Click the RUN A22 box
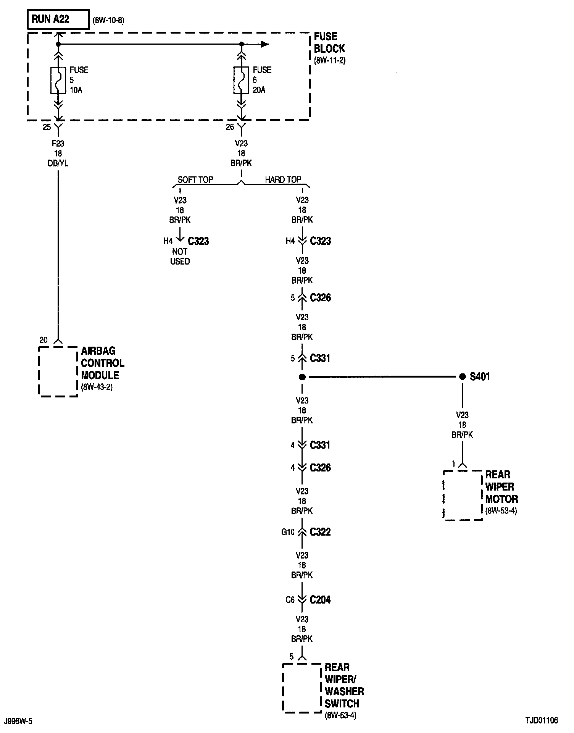pyautogui.click(x=58, y=19)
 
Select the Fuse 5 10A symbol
pyautogui.click(x=58, y=80)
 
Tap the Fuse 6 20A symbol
pyautogui.click(x=241, y=80)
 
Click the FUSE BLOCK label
pyautogui.click(x=329, y=43)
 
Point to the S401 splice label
pyautogui.click(x=480, y=377)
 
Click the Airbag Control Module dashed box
pyautogui.click(x=58, y=371)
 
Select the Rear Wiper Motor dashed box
pyautogui.click(x=463, y=495)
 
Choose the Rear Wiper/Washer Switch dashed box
pyautogui.click(x=302, y=688)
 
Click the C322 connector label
pyautogui.click(x=320, y=532)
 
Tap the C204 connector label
pyautogui.click(x=320, y=600)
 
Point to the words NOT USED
pyautogui.click(x=180, y=257)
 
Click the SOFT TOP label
pyautogui.click(x=195, y=179)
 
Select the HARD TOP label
pyautogui.click(x=283, y=179)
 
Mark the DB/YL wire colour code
pyautogui.click(x=58, y=163)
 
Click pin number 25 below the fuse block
pyautogui.click(x=47, y=127)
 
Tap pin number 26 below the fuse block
pyautogui.click(x=230, y=127)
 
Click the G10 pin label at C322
pyautogui.click(x=288, y=532)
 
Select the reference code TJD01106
pyautogui.click(x=541, y=720)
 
